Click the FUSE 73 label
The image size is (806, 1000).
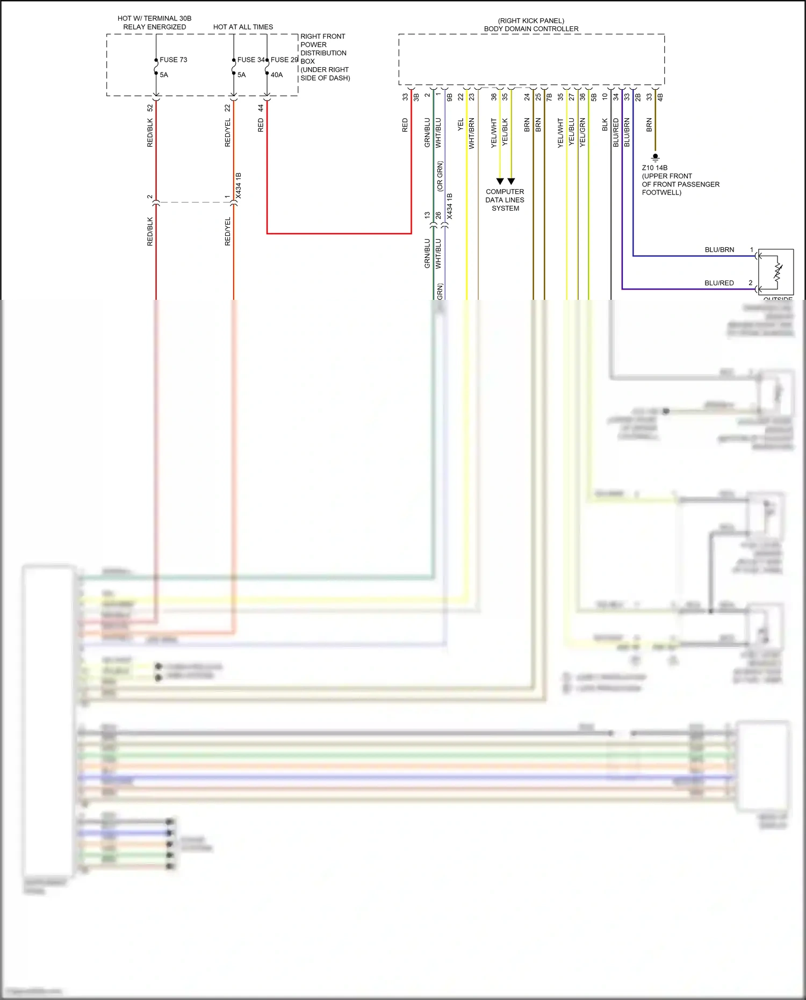pos(173,60)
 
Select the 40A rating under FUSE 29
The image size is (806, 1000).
pos(276,75)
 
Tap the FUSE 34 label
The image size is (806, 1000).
pos(250,60)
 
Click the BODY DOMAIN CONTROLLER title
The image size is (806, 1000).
pos(531,29)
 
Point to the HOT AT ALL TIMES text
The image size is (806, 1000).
pos(243,27)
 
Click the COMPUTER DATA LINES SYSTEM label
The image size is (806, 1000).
pos(505,200)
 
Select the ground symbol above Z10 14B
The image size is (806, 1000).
pos(655,158)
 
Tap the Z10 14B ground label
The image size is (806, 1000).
pos(654,168)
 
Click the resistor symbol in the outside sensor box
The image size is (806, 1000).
pos(778,272)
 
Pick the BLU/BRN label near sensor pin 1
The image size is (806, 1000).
pos(719,250)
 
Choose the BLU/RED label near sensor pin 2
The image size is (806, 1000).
pos(719,283)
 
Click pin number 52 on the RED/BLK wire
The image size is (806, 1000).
pos(150,108)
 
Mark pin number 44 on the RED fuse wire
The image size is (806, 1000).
pos(261,108)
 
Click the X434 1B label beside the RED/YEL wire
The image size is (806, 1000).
pos(239,185)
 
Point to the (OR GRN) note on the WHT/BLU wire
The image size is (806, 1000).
pos(440,176)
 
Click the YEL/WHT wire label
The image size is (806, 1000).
pos(494,133)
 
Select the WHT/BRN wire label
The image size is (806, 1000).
pos(471,133)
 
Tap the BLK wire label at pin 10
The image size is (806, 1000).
pos(604,125)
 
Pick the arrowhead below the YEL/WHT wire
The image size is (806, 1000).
pos(500,182)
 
